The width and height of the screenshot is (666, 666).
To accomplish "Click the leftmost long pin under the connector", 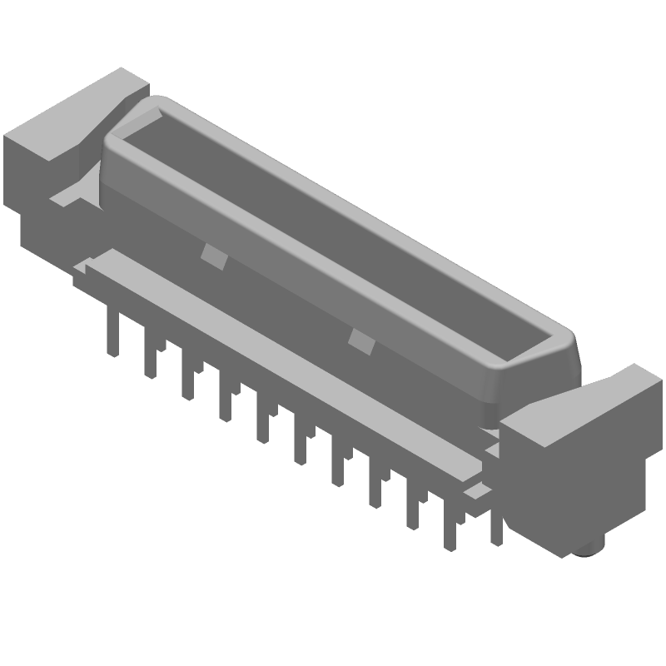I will tap(111, 333).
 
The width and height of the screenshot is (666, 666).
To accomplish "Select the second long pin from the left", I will tap(150, 354).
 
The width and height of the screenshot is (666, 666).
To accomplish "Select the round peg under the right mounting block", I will tap(593, 548).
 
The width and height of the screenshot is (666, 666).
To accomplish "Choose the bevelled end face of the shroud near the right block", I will tap(533, 375).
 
